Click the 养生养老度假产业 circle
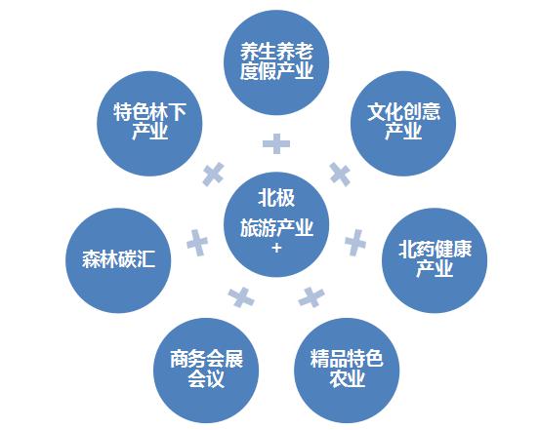[x=276, y=62]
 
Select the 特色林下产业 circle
[x=149, y=124]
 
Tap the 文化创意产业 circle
[x=403, y=124]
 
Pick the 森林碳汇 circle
[x=118, y=260]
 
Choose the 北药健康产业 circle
[x=435, y=260]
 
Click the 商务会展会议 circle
[x=206, y=371]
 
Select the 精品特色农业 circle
[x=347, y=371]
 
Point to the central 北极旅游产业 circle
[x=276, y=224]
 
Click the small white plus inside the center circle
[x=276, y=248]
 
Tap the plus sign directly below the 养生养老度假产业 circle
[x=276, y=143]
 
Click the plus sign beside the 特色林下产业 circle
[x=214, y=174]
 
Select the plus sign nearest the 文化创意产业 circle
[x=340, y=175]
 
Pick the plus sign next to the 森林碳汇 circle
[x=197, y=243]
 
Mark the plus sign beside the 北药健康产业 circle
[x=355, y=243]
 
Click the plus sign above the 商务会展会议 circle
[x=241, y=297]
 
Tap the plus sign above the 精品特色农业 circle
[x=311, y=297]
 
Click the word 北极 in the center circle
[x=276, y=198]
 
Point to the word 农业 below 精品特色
[x=347, y=378]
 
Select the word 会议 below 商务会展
[x=206, y=378]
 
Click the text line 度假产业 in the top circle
[x=276, y=71]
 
